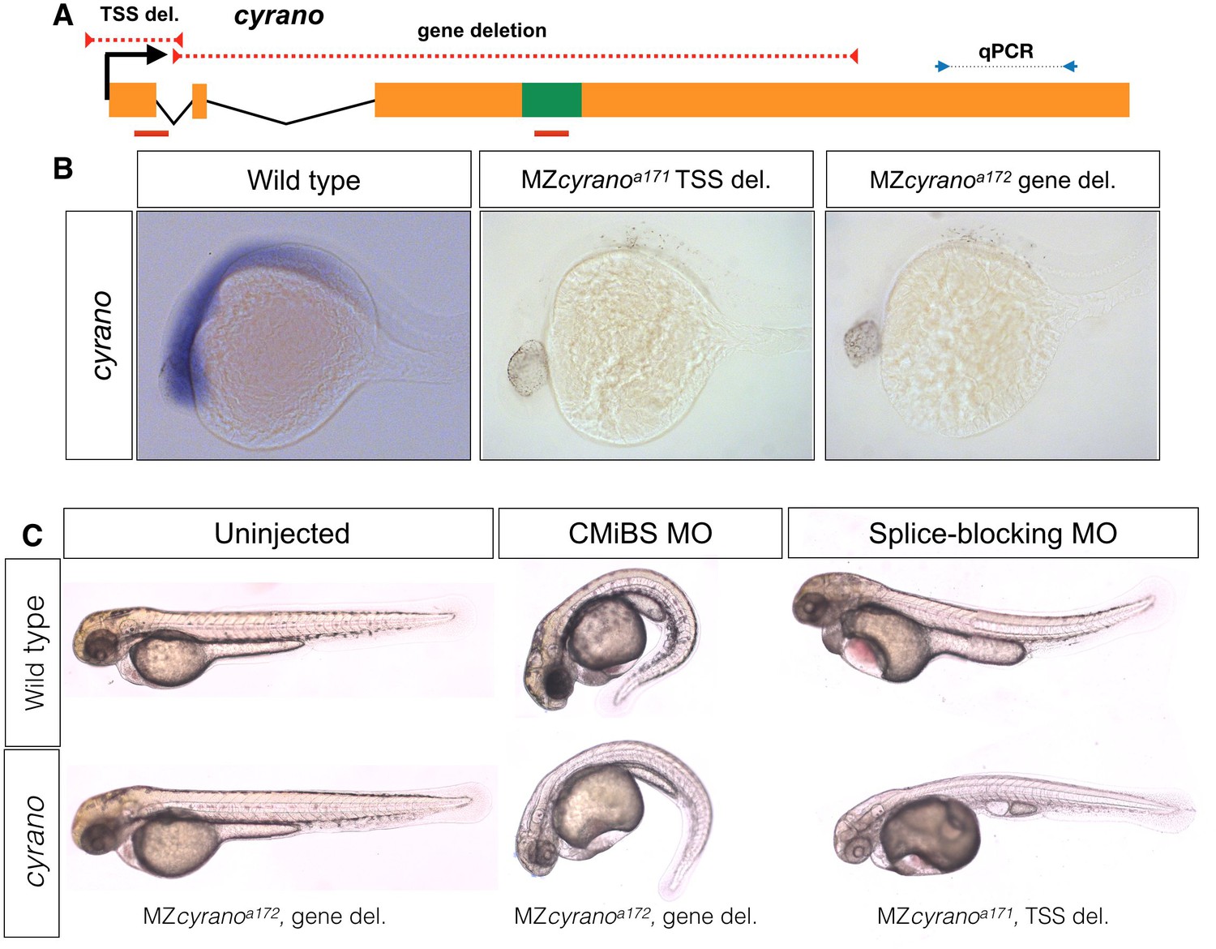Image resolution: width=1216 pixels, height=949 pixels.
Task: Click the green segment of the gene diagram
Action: pyautogui.click(x=551, y=100)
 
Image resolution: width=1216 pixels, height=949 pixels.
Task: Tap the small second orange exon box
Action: pyautogui.click(x=199, y=101)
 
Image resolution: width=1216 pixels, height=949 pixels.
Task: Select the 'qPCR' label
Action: pyautogui.click(x=1005, y=51)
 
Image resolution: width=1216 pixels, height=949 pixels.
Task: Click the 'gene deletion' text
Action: pyautogui.click(x=482, y=31)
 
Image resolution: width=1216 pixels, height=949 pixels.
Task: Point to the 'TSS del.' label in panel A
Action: pyautogui.click(x=139, y=14)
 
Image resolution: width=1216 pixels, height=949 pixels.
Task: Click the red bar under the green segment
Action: pyautogui.click(x=551, y=133)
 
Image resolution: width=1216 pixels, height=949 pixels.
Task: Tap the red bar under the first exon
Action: pyautogui.click(x=152, y=133)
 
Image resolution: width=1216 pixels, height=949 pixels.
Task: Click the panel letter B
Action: pyautogui.click(x=63, y=169)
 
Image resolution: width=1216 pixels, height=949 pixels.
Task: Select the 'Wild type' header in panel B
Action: pyautogui.click(x=304, y=179)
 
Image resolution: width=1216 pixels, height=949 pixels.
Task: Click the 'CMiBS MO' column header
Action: pyautogui.click(x=640, y=533)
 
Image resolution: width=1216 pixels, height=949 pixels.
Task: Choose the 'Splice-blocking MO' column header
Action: pyautogui.click(x=992, y=533)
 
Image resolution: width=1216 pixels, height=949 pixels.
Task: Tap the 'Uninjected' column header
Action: pyautogui.click(x=281, y=533)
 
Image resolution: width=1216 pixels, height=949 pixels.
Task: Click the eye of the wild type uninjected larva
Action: pyautogui.click(x=101, y=646)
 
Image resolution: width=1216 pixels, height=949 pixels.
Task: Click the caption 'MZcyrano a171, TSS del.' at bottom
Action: pyautogui.click(x=992, y=917)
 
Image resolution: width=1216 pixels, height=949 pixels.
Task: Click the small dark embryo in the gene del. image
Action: pyautogui.click(x=861, y=343)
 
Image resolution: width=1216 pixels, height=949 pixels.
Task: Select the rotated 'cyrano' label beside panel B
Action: pyautogui.click(x=99, y=335)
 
